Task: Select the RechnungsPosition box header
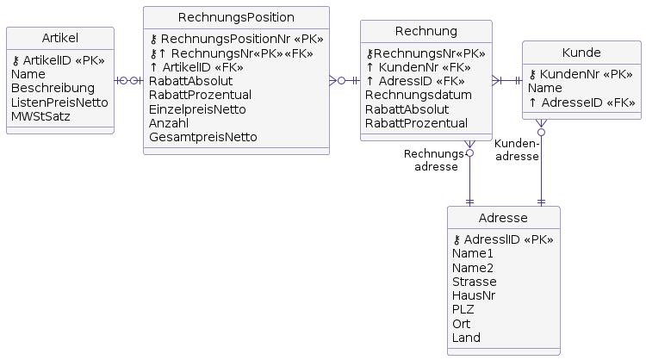tap(236, 17)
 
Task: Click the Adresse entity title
tap(503, 218)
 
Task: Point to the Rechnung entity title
tap(425, 32)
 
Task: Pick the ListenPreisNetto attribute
tap(59, 102)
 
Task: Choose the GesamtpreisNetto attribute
tap(202, 136)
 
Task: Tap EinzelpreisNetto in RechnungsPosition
tap(197, 109)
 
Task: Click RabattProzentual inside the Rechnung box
tap(416, 123)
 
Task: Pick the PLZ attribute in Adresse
tap(463, 309)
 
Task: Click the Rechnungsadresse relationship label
tap(433, 160)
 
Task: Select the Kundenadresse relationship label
tap(517, 150)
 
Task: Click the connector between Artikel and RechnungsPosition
tap(128, 80)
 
